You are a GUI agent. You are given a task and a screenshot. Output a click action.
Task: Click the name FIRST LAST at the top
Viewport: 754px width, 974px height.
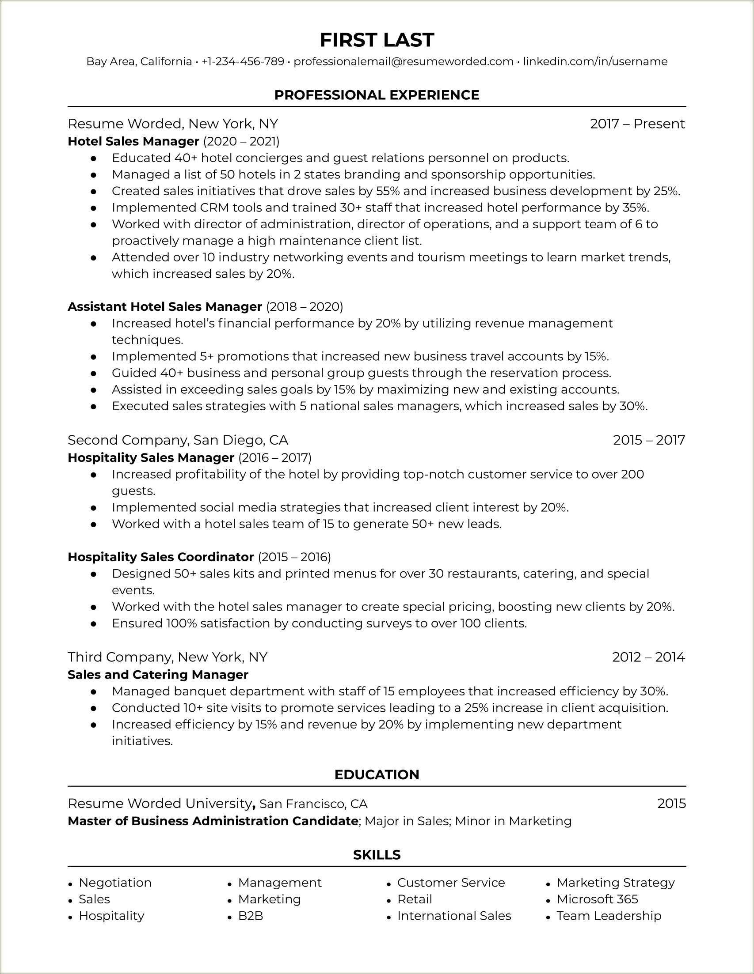coord(377,40)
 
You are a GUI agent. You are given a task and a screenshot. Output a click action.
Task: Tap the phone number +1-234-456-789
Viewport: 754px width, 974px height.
coord(243,61)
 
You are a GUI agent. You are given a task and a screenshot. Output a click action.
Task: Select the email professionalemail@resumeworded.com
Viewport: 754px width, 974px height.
coord(404,61)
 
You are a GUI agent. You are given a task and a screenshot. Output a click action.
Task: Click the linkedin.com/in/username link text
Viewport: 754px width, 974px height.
coord(595,61)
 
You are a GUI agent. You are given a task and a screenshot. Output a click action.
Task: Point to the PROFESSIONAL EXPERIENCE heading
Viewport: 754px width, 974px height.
coord(377,95)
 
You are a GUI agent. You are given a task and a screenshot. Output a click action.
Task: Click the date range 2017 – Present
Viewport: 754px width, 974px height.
coord(637,124)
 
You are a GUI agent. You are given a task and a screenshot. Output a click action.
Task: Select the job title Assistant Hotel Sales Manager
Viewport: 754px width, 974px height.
coord(165,307)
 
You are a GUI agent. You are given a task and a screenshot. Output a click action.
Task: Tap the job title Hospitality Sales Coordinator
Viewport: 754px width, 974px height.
coord(161,557)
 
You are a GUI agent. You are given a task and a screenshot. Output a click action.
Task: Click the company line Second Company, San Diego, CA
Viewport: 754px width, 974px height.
coord(178,440)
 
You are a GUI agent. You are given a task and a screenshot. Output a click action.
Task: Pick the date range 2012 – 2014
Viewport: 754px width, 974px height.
coord(648,657)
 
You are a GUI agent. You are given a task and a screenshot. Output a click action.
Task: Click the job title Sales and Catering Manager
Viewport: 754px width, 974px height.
coord(158,674)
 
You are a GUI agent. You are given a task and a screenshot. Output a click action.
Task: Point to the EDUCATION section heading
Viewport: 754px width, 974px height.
coord(377,774)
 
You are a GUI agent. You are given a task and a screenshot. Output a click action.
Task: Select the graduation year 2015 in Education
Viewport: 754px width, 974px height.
coord(671,803)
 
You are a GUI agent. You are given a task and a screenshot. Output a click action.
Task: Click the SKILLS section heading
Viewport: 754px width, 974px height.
coord(377,855)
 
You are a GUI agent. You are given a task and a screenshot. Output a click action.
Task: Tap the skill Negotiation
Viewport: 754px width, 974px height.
coord(115,883)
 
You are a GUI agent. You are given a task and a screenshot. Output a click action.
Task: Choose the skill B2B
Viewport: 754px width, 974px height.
coord(251,916)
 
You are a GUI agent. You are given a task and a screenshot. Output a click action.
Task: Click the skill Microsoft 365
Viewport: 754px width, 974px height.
coord(597,899)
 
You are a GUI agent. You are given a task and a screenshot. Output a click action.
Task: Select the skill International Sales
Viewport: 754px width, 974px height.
coord(454,916)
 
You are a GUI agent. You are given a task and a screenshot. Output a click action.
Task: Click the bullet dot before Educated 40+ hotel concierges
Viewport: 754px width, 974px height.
coord(93,159)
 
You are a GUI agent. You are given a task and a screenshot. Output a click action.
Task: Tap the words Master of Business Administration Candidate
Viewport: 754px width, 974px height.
coord(213,821)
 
